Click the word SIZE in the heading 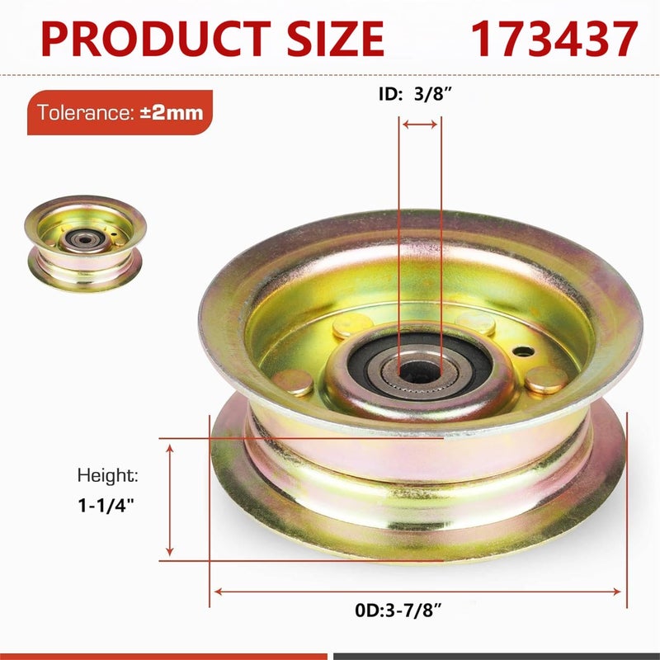point(336,39)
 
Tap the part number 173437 point(554,39)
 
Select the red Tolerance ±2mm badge point(120,112)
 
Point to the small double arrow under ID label point(420,125)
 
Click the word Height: point(108,476)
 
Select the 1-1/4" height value point(106,505)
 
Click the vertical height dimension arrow point(170,500)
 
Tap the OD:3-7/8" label point(398,610)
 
